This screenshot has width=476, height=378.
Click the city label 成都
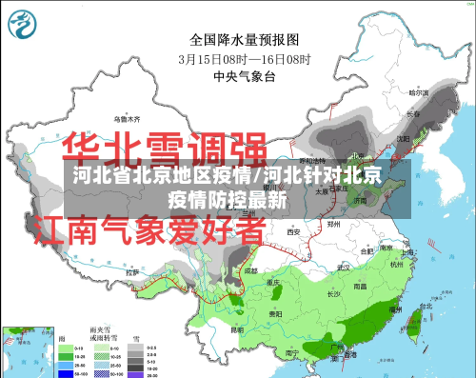(250, 270)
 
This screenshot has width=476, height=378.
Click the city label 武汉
(346, 265)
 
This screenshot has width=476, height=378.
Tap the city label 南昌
(361, 285)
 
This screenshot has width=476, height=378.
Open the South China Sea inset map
(25, 352)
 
